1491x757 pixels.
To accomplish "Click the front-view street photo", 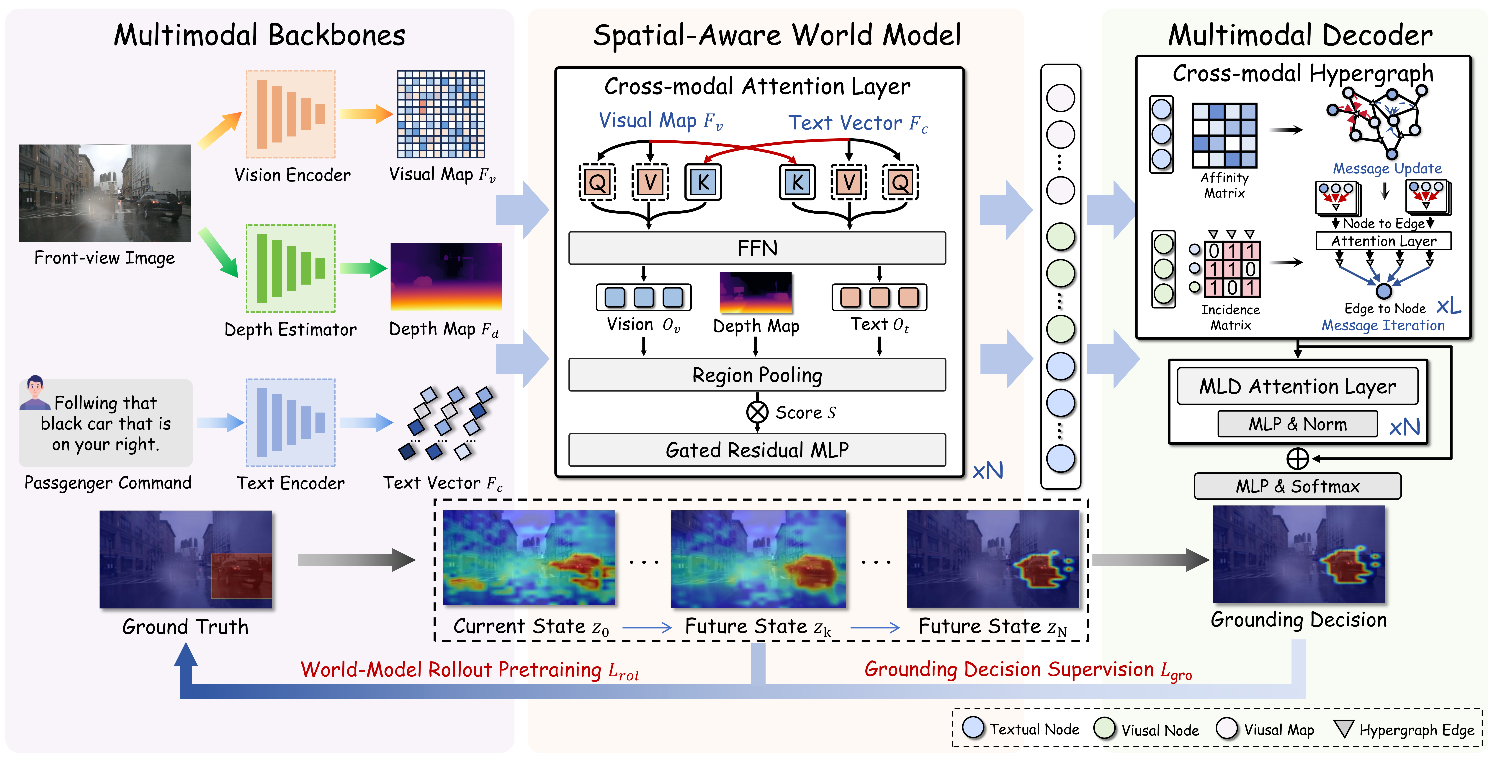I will pos(105,193).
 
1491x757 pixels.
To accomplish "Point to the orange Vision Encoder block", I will pos(291,114).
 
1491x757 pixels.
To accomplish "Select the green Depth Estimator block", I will pos(291,268).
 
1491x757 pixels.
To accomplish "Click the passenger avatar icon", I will pos(35,392).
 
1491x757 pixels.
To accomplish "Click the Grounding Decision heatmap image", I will pos(1298,554).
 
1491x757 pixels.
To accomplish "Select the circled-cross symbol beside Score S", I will pos(757,412).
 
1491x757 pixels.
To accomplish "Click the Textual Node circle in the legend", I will pos(973,728).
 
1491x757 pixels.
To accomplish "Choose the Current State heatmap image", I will pos(528,558).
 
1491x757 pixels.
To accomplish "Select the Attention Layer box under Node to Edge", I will pos(1383,241).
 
